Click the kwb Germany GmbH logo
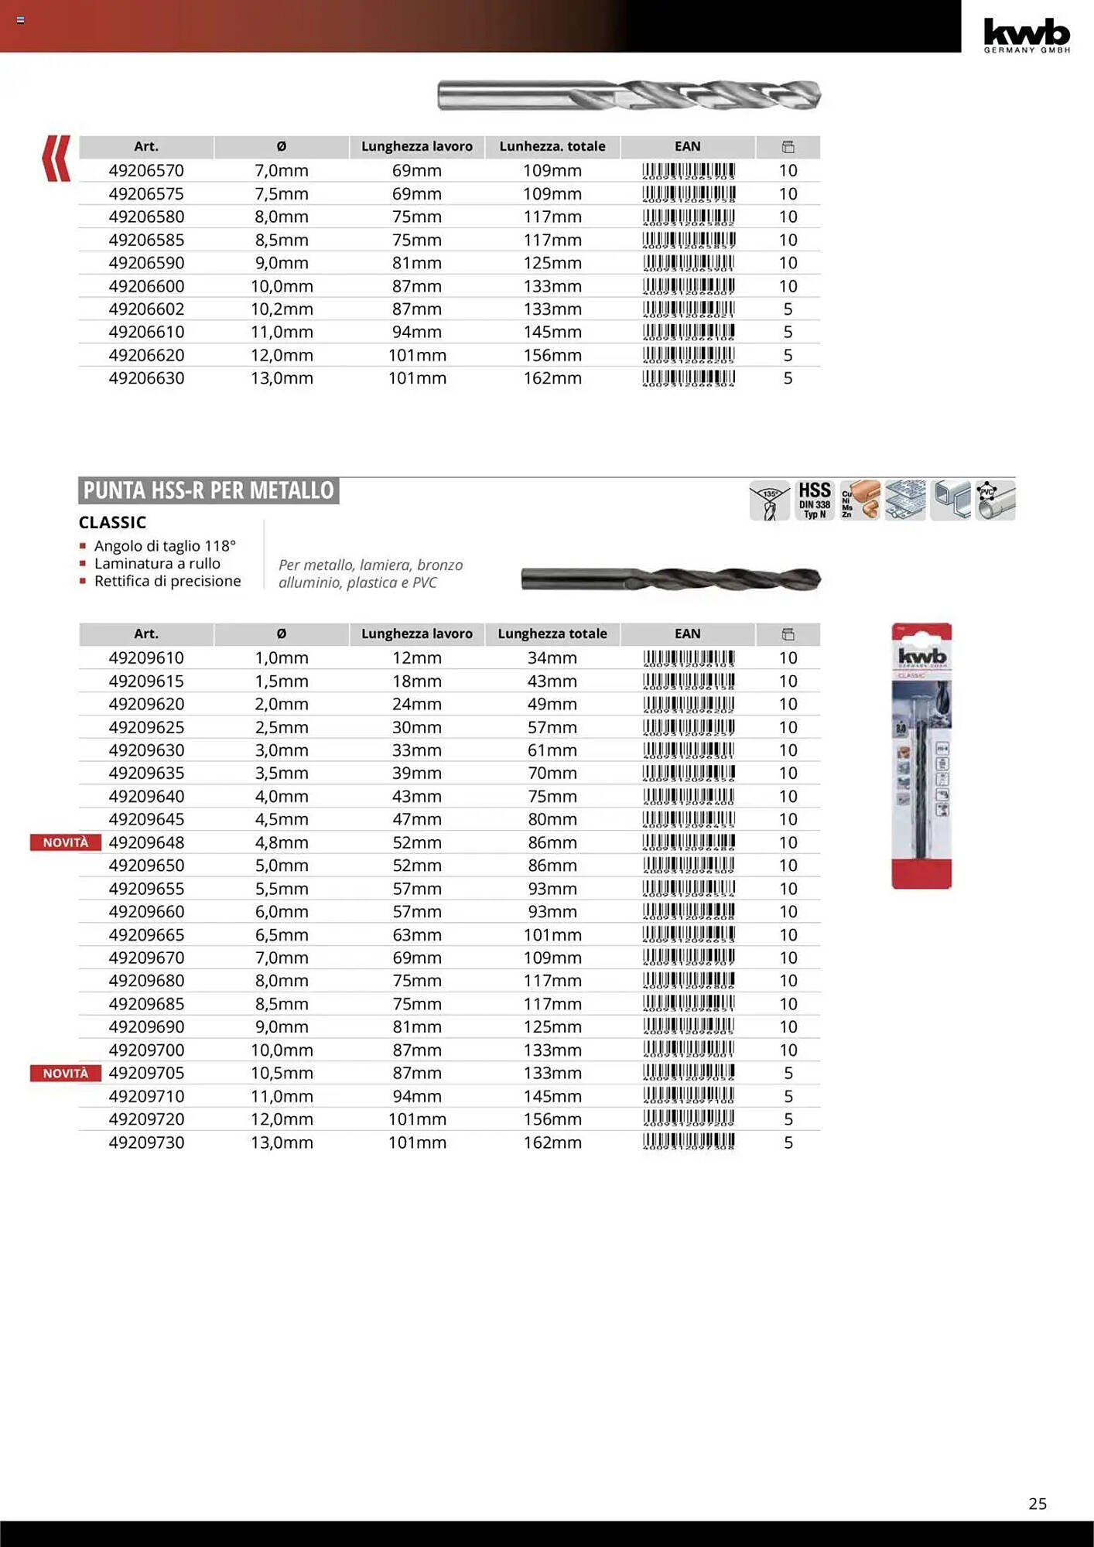[x=1026, y=35]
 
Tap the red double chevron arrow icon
[x=56, y=159]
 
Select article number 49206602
[x=146, y=309]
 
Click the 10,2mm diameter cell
[x=282, y=309]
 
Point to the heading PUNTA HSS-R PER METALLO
[x=208, y=490]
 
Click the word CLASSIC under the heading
[x=112, y=523]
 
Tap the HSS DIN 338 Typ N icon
[x=814, y=500]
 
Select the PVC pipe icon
[x=995, y=500]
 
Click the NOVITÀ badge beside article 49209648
[x=66, y=842]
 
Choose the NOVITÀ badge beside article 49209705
[x=66, y=1073]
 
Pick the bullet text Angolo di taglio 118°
[x=164, y=546]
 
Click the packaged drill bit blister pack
[x=921, y=756]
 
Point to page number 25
[x=1038, y=1504]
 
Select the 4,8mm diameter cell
[x=282, y=842]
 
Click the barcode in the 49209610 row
[x=688, y=658]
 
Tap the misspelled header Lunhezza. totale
[x=552, y=146]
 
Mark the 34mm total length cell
[x=552, y=658]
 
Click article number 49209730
[x=146, y=1142]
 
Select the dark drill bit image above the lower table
[x=670, y=579]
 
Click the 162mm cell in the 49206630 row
[x=552, y=378]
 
